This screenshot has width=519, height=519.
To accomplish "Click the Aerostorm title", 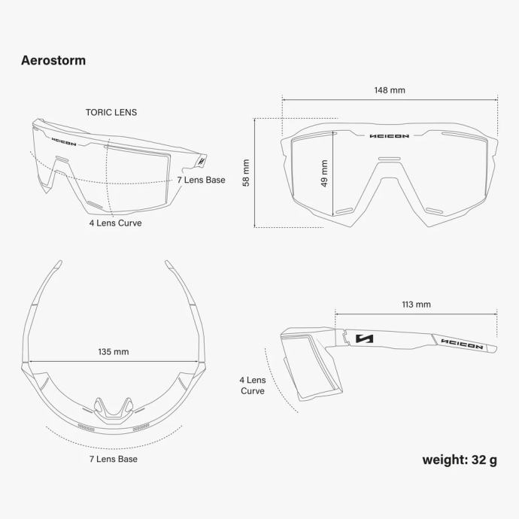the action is point(53,61).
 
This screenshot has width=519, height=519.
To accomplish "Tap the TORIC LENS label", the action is point(111,113).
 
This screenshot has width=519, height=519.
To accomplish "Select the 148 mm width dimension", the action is point(390,90).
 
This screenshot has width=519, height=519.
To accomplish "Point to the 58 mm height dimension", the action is point(246,173).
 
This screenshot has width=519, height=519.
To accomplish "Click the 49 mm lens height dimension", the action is point(324,173).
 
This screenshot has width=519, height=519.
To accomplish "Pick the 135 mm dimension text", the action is point(114,351).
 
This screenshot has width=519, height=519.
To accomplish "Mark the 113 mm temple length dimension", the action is point(417,305).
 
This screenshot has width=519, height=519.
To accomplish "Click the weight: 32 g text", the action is point(460,460).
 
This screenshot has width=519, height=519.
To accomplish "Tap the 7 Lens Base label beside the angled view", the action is point(201,180).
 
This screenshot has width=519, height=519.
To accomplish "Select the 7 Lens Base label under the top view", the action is point(114,459).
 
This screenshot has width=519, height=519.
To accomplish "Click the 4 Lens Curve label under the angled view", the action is point(115,223).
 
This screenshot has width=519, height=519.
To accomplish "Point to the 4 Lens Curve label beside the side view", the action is point(253,385).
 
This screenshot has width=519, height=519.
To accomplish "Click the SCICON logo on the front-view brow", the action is point(390,135).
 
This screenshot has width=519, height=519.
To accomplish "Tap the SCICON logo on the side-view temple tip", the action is point(462,344).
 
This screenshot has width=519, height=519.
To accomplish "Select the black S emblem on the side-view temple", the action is point(364,338).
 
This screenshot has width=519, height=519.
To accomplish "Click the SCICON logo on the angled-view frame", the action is point(64,141).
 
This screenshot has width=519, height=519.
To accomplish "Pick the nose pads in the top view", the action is point(113,411).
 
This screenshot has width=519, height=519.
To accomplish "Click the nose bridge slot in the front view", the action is point(390,159).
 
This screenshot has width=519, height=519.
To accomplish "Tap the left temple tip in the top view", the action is point(58,264).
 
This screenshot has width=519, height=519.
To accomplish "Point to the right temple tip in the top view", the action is point(169,264).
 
